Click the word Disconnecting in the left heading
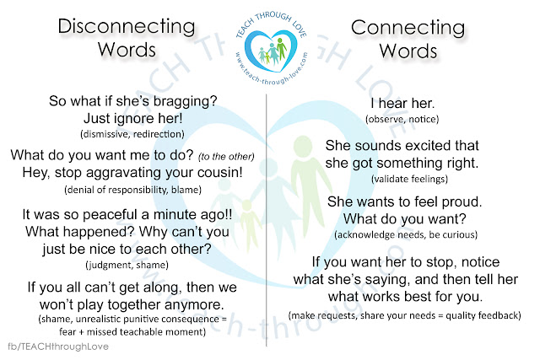[x=127, y=27]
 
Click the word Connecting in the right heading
[x=408, y=28]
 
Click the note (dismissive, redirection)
[x=132, y=134]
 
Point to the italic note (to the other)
[x=226, y=157]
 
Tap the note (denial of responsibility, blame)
[x=133, y=190]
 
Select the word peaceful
[x=110, y=215]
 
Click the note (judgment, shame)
[x=127, y=265]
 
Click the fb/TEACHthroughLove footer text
[x=58, y=347]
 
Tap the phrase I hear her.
[x=402, y=103]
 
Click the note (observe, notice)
[x=402, y=120]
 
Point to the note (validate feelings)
[x=409, y=179]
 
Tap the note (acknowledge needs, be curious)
[x=406, y=234]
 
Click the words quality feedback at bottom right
[x=483, y=315]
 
